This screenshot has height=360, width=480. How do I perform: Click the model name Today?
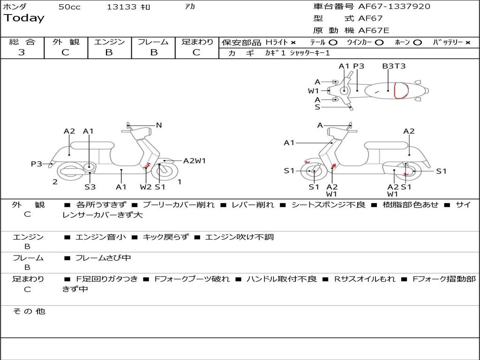[x=24, y=18]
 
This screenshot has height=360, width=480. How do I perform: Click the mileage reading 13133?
[x=121, y=7]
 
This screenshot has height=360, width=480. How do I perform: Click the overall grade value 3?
[x=22, y=52]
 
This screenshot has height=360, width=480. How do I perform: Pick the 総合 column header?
[x=22, y=42]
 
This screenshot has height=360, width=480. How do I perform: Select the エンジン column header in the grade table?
[x=109, y=42]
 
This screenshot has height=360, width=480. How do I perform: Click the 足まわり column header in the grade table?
[x=197, y=42]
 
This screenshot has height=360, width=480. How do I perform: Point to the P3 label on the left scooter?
[x=37, y=164]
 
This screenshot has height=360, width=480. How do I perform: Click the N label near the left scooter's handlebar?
[x=159, y=125]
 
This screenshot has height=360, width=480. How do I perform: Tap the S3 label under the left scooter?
[x=90, y=187]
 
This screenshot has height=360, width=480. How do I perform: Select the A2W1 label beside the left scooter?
[x=195, y=161]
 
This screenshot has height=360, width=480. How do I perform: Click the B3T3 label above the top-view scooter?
[x=394, y=66]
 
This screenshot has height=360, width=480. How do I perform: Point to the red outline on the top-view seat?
[x=400, y=90]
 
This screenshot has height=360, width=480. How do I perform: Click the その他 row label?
[x=29, y=311]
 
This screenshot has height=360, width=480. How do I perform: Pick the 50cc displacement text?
[x=69, y=7]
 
